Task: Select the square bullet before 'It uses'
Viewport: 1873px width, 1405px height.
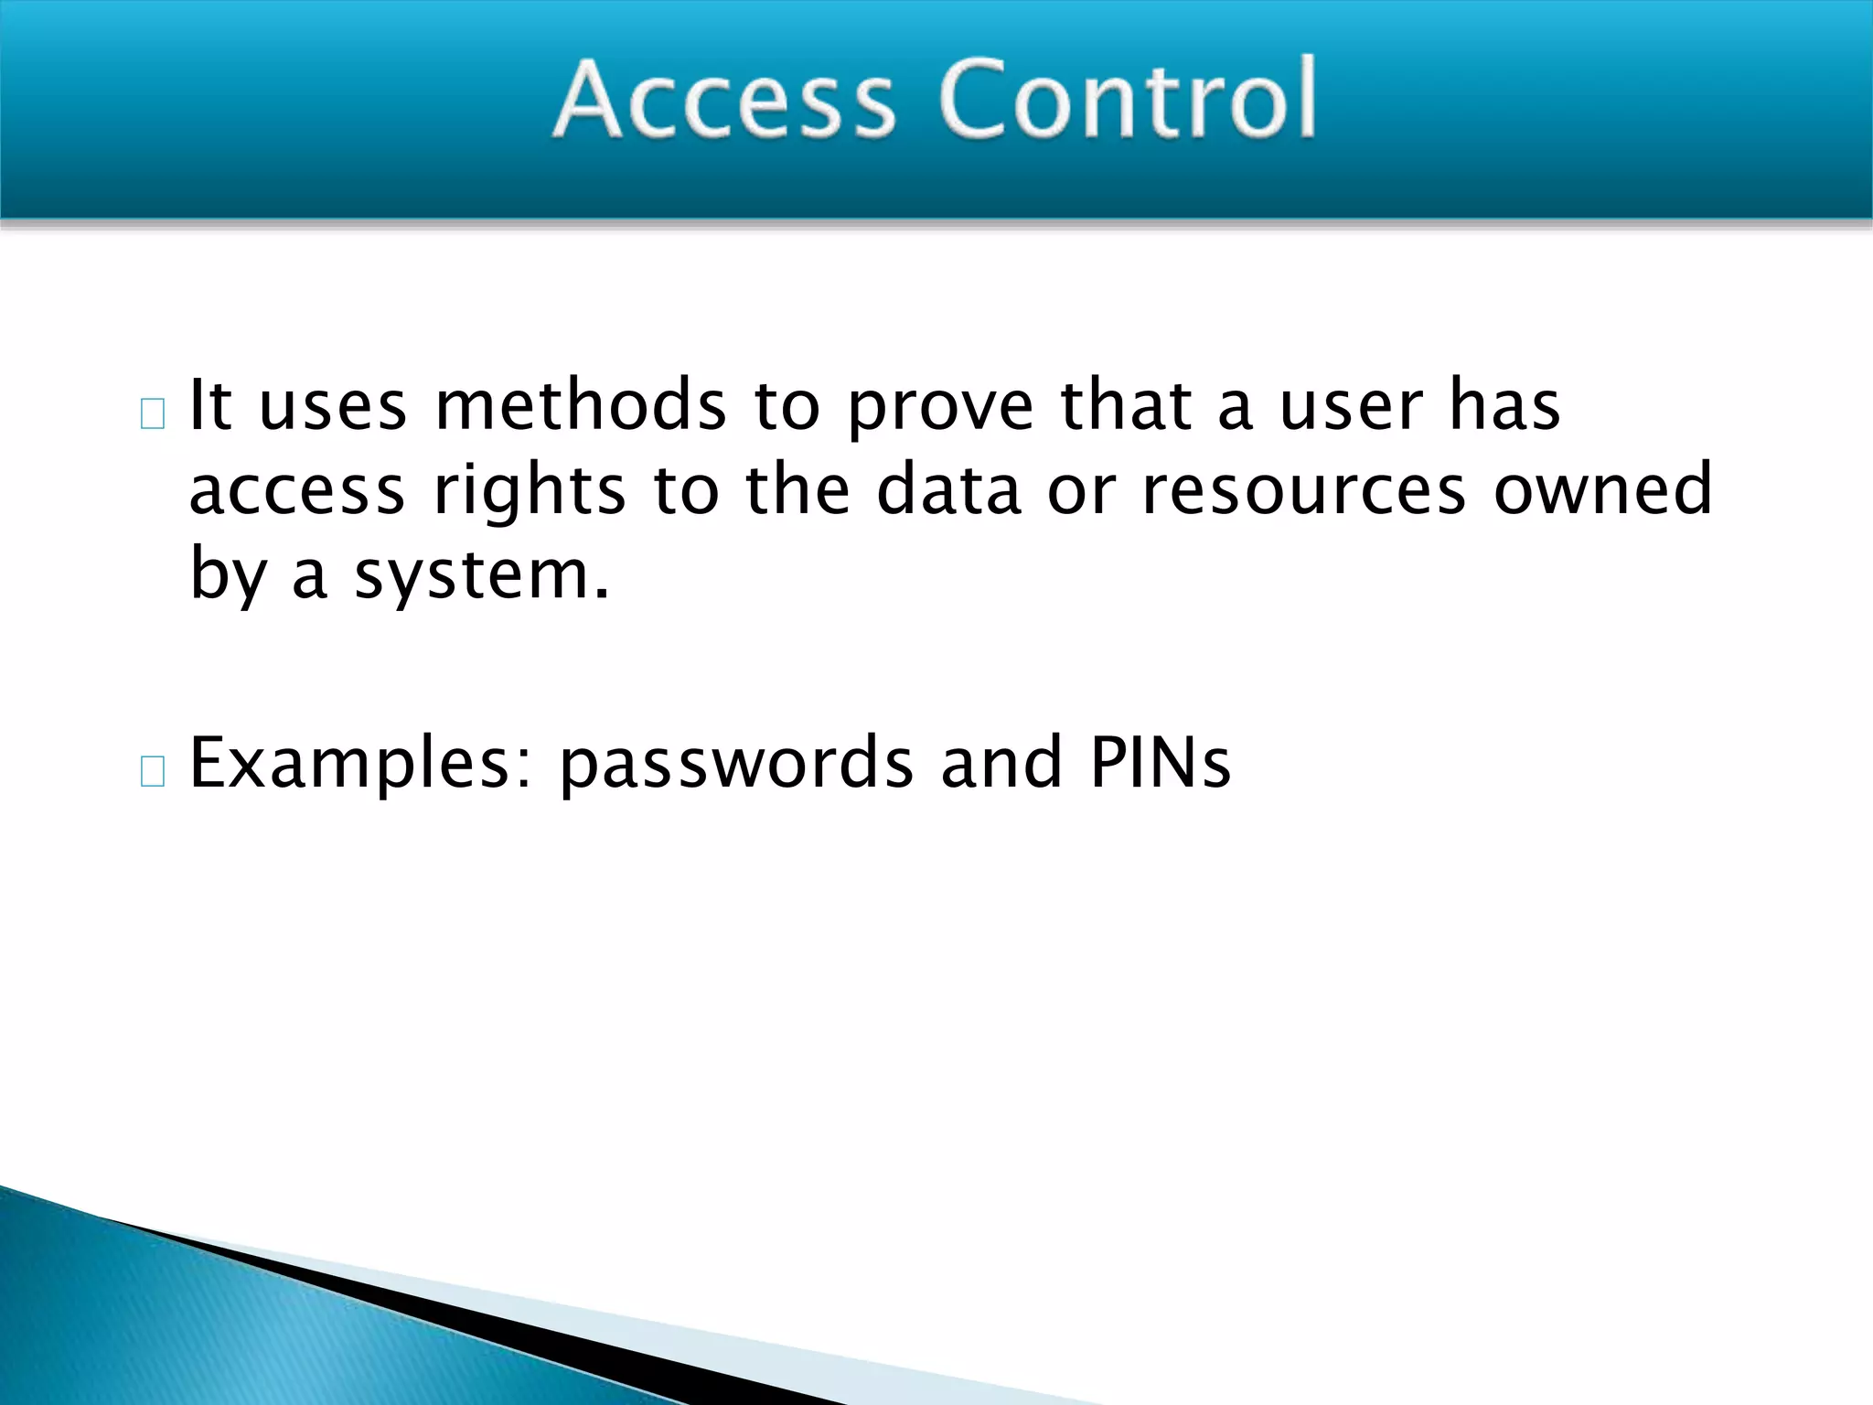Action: pyautogui.click(x=153, y=414)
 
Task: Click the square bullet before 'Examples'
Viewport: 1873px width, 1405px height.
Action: pyautogui.click(x=153, y=772)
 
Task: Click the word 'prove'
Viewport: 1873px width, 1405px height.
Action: pyautogui.click(x=939, y=409)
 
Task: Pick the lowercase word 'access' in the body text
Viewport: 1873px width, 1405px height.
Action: pyautogui.click(x=296, y=491)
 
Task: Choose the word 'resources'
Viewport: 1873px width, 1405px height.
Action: pyautogui.click(x=1303, y=491)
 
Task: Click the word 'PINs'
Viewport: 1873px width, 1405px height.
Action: pyautogui.click(x=1160, y=762)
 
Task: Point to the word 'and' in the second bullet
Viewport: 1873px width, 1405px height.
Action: pyautogui.click(x=1001, y=762)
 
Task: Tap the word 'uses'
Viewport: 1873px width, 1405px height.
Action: pyautogui.click(x=333, y=407)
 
